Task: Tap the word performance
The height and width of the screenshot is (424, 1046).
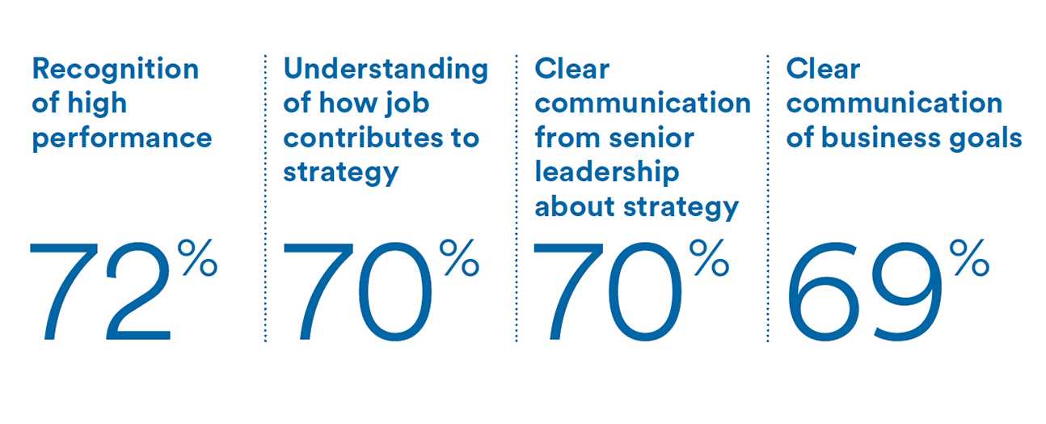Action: [122, 140]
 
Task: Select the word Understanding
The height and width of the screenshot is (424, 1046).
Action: [386, 70]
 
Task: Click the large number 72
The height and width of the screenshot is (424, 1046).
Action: [100, 290]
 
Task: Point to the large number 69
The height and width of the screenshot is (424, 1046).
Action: [864, 292]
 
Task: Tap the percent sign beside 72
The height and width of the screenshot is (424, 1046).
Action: [197, 257]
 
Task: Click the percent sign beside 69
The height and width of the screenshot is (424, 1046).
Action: [969, 257]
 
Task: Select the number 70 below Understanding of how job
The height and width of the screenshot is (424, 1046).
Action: [358, 291]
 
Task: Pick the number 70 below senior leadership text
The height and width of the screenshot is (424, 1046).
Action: [608, 291]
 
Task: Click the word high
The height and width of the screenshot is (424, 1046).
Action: [97, 104]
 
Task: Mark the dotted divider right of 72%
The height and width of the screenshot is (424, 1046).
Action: [265, 197]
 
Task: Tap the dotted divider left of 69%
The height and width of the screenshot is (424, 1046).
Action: [768, 197]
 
